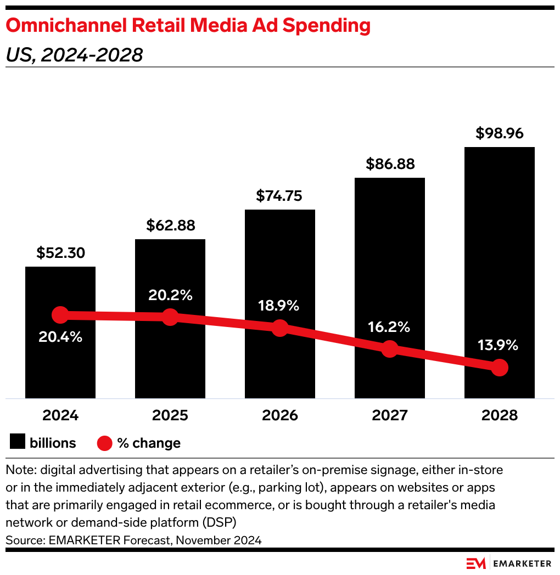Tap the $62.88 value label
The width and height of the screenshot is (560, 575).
tap(170, 226)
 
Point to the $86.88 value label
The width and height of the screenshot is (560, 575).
tap(390, 164)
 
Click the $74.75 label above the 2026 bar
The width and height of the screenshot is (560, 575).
tap(280, 196)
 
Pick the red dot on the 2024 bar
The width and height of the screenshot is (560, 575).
tap(60, 315)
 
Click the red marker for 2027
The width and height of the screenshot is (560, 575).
tap(389, 348)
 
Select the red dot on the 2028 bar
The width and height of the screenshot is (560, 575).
tap(499, 368)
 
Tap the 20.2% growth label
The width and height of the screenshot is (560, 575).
tap(170, 295)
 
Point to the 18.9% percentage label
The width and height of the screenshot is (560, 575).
tap(280, 306)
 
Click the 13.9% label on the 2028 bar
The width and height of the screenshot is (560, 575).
tap(499, 345)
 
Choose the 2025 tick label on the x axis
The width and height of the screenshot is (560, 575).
tap(170, 415)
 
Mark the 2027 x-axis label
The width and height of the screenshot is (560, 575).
tap(390, 415)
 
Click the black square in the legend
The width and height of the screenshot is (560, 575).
tap(18, 443)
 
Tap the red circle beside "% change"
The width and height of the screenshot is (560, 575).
tap(104, 443)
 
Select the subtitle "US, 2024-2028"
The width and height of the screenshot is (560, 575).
tap(74, 55)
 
